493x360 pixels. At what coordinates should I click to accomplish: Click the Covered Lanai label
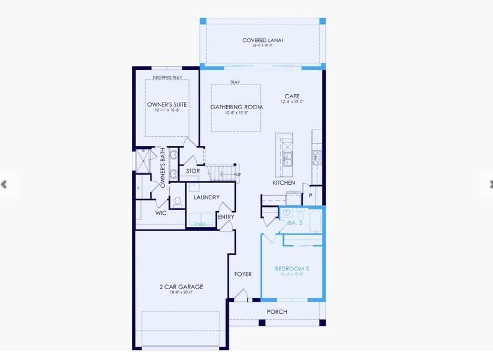pos(263,40)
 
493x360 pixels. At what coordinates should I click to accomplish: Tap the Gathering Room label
pos(236,107)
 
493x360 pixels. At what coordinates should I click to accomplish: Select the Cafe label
pos(291,96)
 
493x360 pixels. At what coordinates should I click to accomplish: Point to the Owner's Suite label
pos(167,104)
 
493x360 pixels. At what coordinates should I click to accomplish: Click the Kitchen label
pos(284,182)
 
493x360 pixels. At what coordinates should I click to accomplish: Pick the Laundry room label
pos(206,197)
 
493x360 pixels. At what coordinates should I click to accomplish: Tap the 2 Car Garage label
pos(181,287)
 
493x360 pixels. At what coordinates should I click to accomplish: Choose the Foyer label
pos(243,274)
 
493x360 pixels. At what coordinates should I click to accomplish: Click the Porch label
pos(277,311)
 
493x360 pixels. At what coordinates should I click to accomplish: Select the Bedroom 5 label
pos(292,269)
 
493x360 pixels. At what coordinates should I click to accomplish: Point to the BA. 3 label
pos(295,223)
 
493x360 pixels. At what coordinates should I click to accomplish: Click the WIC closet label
pos(161,212)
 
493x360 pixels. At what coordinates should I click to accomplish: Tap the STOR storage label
pos(193,171)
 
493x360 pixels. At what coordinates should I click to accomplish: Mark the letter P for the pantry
pos(311,196)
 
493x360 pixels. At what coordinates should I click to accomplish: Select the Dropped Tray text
pos(167,78)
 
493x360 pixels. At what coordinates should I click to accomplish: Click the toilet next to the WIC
pos(178,202)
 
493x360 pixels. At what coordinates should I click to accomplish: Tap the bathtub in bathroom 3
pos(310,215)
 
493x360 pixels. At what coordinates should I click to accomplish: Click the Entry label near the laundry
pos(226,217)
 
